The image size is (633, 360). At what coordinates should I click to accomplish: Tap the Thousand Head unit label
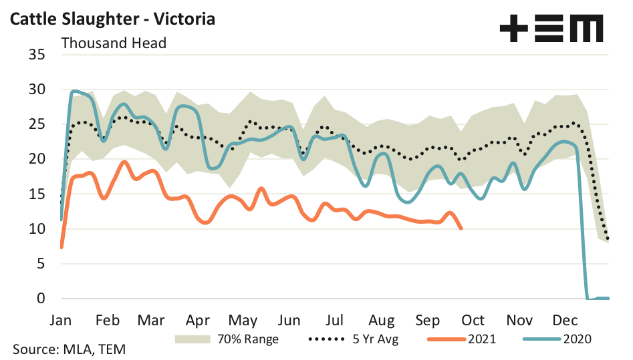pyautogui.click(x=114, y=43)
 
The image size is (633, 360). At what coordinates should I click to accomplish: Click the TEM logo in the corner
pyautogui.click(x=551, y=29)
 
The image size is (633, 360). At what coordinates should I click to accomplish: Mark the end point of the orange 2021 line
pyautogui.click(x=461, y=228)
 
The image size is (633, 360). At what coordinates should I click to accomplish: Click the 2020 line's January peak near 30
pyautogui.click(x=74, y=91)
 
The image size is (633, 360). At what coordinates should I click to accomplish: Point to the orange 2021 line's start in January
pyautogui.click(x=61, y=247)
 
